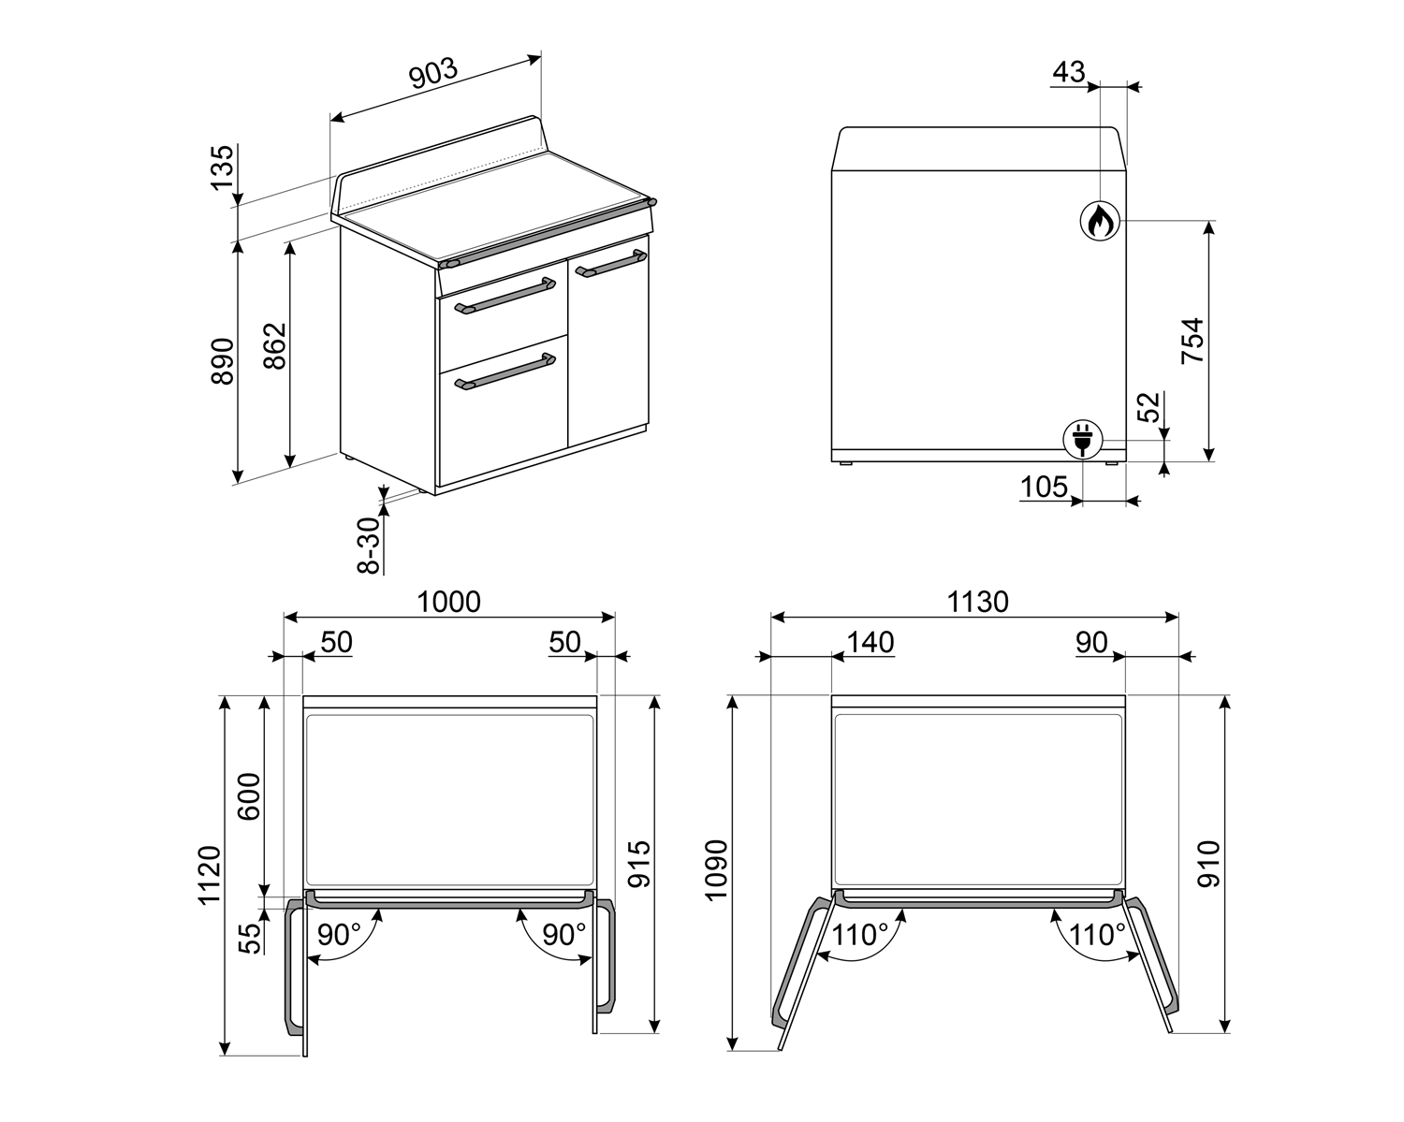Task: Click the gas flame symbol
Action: pyautogui.click(x=1100, y=221)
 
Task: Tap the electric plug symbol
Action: pyautogui.click(x=1082, y=439)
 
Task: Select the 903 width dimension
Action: pyautogui.click(x=434, y=74)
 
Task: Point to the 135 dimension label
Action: pyautogui.click(x=223, y=167)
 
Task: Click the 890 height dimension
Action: pyautogui.click(x=223, y=361)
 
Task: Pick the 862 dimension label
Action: pyautogui.click(x=275, y=345)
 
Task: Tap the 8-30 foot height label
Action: pyautogui.click(x=370, y=546)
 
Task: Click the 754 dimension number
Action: pyautogui.click(x=1192, y=341)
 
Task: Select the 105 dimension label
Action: pyautogui.click(x=1044, y=488)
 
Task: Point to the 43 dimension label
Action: pyautogui.click(x=1069, y=72)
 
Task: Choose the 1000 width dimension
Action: pyautogui.click(x=448, y=602)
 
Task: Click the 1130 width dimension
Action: pyautogui.click(x=977, y=602)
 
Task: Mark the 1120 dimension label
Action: pyautogui.click(x=210, y=875)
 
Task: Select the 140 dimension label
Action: pyautogui.click(x=870, y=643)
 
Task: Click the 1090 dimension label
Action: pyautogui.click(x=717, y=870)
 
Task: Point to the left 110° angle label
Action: pyautogui.click(x=859, y=935)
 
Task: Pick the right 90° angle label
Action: pyautogui.click(x=563, y=935)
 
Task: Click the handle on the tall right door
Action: pyautogui.click(x=610, y=263)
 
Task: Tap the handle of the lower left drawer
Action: pyautogui.click(x=505, y=372)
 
